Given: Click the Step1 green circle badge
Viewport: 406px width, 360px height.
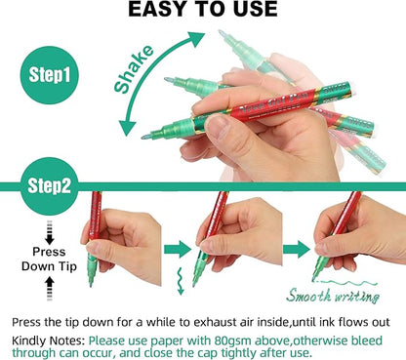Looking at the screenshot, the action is coord(50,75).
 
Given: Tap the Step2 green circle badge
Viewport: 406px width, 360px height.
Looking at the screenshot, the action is coord(50,186).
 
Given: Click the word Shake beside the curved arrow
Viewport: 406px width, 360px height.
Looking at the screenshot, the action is coord(134,69).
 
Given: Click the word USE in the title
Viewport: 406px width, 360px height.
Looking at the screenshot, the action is coord(253,10).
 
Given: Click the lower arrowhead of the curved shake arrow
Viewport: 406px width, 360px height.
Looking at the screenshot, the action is coord(128,128).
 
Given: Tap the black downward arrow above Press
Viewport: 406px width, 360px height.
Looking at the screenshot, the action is coord(50,232).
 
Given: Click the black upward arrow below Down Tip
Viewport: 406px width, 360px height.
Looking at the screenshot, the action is coord(50,289).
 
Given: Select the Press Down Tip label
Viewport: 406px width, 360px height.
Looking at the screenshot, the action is coord(49,260).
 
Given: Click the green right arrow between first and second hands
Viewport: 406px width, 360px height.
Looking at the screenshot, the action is coord(178,250).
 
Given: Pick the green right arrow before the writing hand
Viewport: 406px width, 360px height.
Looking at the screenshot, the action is coord(297,250).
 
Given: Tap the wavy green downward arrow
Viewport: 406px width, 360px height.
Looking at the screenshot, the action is coord(180,281).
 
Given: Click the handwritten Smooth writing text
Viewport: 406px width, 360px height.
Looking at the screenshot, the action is coord(333,296).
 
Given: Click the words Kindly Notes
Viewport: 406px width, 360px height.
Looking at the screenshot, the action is coord(49,341).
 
